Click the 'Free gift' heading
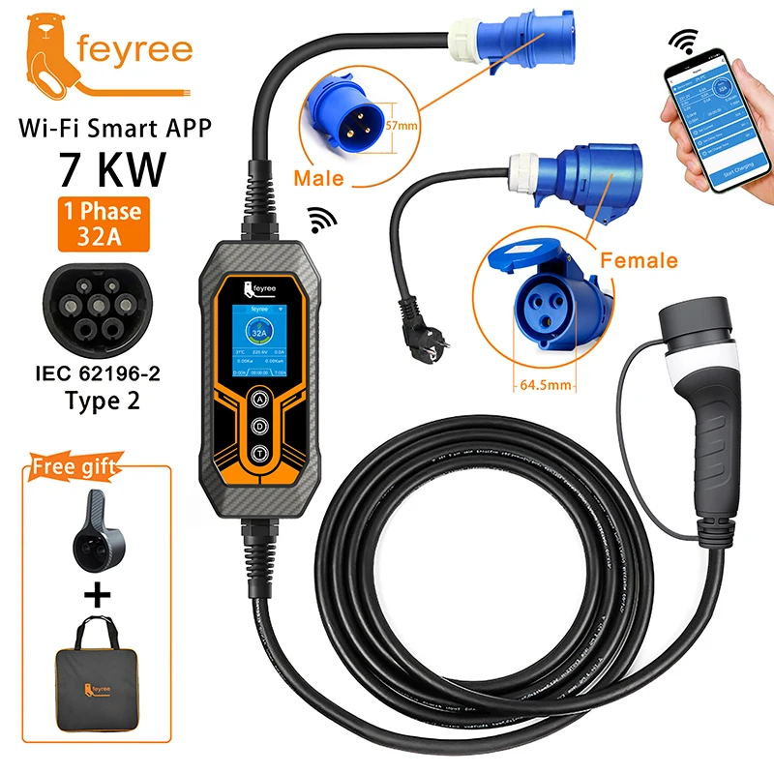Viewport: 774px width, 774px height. tap(75, 467)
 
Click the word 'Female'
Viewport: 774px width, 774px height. tap(640, 260)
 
